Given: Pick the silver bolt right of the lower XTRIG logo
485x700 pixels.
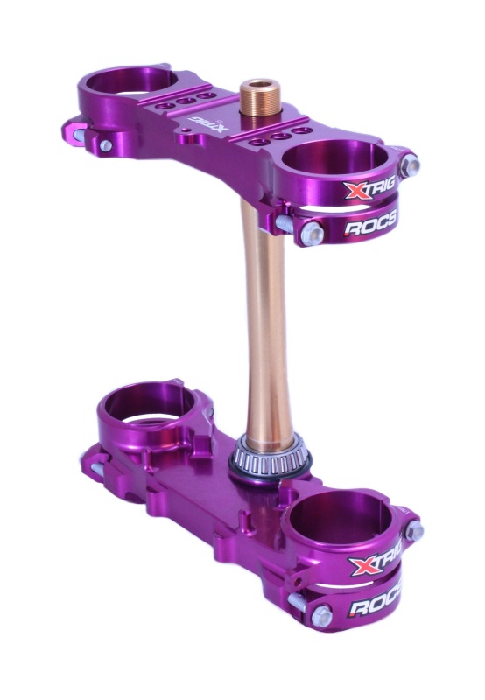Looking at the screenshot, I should [415, 530].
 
